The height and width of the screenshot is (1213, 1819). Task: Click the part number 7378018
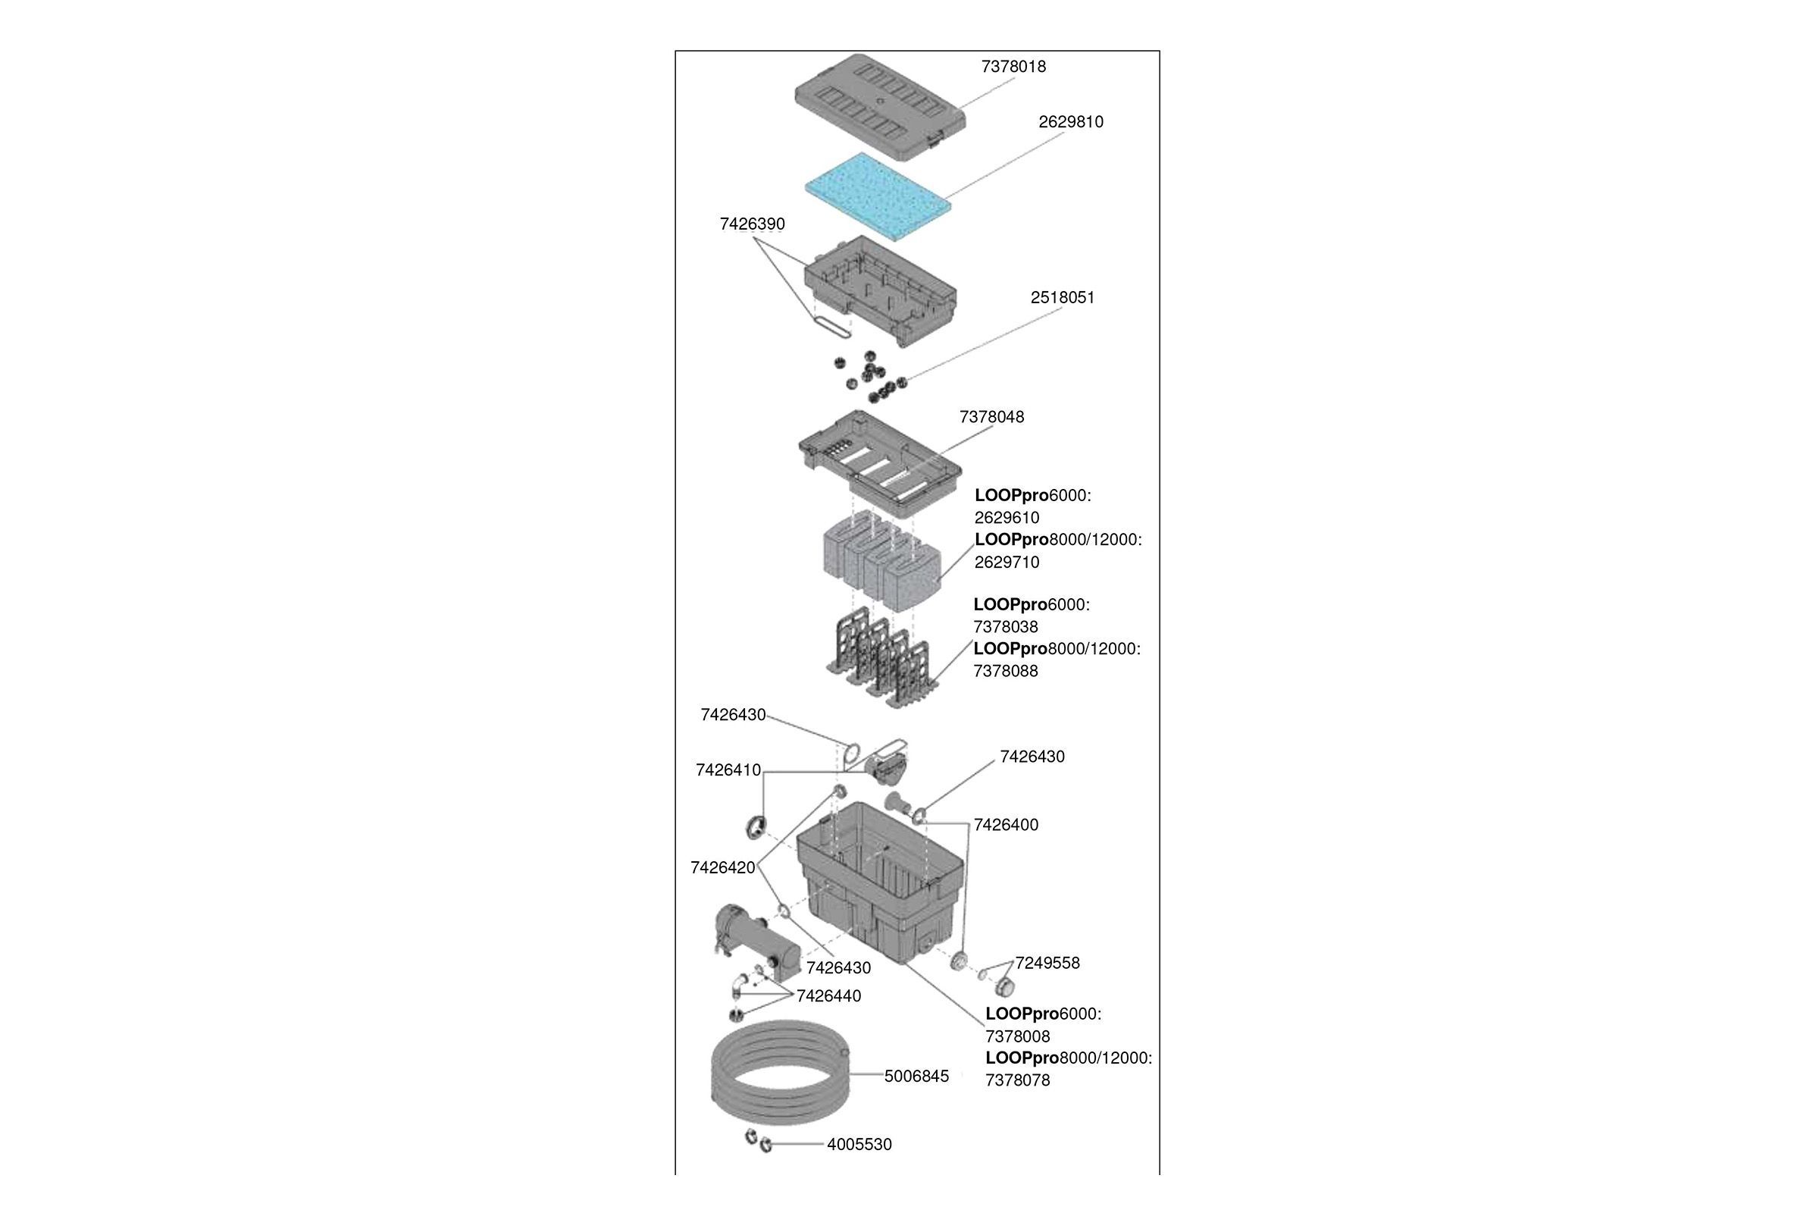point(1013,67)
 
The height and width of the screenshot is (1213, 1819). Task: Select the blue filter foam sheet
point(878,196)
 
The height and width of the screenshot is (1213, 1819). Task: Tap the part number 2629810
point(1070,122)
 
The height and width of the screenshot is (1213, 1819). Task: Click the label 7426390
point(752,224)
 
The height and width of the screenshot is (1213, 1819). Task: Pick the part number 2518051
point(1062,298)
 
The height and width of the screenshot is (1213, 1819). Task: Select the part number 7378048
point(991,418)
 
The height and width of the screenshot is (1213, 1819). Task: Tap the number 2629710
point(1007,563)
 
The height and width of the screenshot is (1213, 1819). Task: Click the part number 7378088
point(1006,672)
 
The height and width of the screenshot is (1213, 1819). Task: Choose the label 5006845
point(916,1077)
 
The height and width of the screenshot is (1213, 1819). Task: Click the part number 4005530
point(859,1145)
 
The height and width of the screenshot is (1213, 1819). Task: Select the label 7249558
point(1047,963)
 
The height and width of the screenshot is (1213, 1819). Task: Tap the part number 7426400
point(1006,826)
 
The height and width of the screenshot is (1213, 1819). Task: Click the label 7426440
point(828,996)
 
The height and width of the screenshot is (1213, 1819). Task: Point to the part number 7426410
point(728,770)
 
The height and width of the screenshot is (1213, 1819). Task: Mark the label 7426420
point(722,868)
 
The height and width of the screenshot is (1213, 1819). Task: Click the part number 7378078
point(1017,1081)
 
